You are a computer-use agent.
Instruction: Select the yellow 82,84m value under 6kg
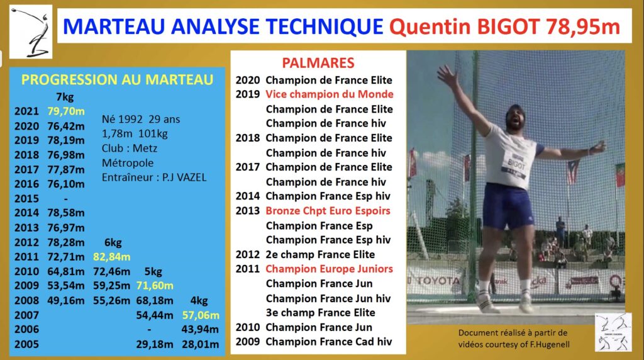(x=111, y=257)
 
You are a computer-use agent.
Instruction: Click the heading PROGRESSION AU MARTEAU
(x=118, y=80)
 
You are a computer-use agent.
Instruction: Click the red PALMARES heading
(x=318, y=63)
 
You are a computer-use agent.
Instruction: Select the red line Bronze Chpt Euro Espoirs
(x=328, y=211)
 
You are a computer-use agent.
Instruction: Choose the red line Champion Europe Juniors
(x=329, y=269)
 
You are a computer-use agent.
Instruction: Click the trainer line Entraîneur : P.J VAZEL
(x=153, y=177)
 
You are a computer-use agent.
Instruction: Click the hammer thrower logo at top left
(x=30, y=31)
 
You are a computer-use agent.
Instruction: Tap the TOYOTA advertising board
(x=438, y=280)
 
